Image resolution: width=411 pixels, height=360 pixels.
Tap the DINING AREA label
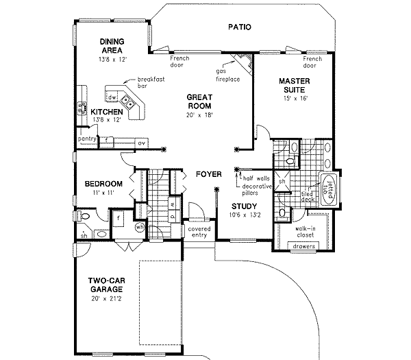pos(110,45)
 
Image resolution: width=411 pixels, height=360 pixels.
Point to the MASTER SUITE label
pos(295,85)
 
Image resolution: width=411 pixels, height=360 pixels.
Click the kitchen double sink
pos(129,104)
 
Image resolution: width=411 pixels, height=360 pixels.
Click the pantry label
pos(86,139)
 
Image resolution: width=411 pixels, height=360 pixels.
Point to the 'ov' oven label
pos(142,143)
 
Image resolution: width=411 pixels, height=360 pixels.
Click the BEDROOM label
pos(103,183)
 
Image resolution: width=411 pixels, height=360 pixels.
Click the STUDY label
pos(243,206)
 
